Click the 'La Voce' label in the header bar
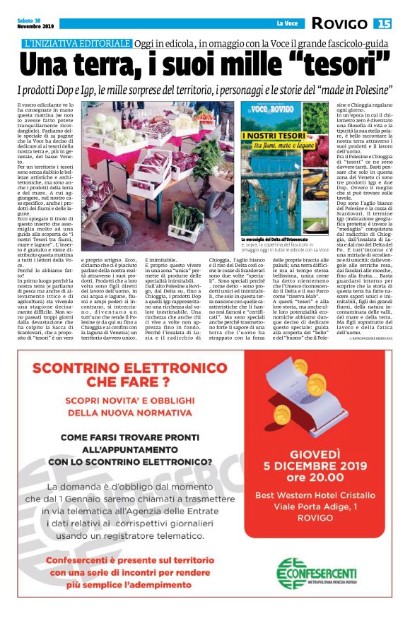point(286,24)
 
